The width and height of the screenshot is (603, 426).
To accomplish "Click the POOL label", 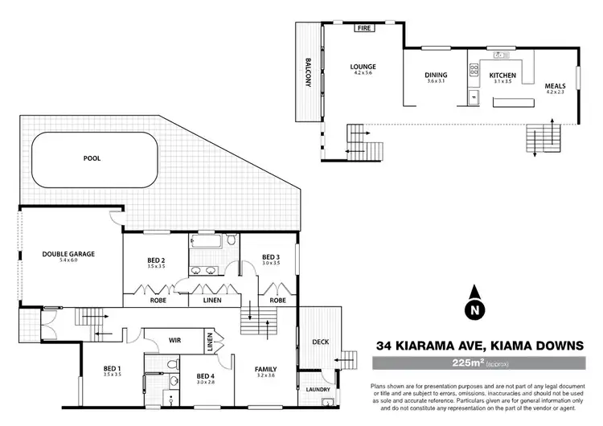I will (x=93, y=158).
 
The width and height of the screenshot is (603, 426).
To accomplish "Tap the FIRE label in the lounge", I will (x=364, y=27).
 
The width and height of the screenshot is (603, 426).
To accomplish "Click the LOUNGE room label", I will (x=363, y=67).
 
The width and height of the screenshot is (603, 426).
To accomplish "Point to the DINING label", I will (x=436, y=76).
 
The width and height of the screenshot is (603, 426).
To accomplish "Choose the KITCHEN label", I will (x=503, y=76).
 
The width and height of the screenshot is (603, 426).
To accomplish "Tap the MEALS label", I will (x=556, y=86).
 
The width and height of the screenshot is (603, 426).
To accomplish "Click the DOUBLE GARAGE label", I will (x=68, y=254).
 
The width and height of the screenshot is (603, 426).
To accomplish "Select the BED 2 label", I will (x=156, y=260).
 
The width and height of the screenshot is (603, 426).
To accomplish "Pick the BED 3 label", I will (x=271, y=257).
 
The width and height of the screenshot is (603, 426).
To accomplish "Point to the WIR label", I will (x=174, y=341).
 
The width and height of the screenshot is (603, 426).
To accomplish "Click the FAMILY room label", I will (x=265, y=370).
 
